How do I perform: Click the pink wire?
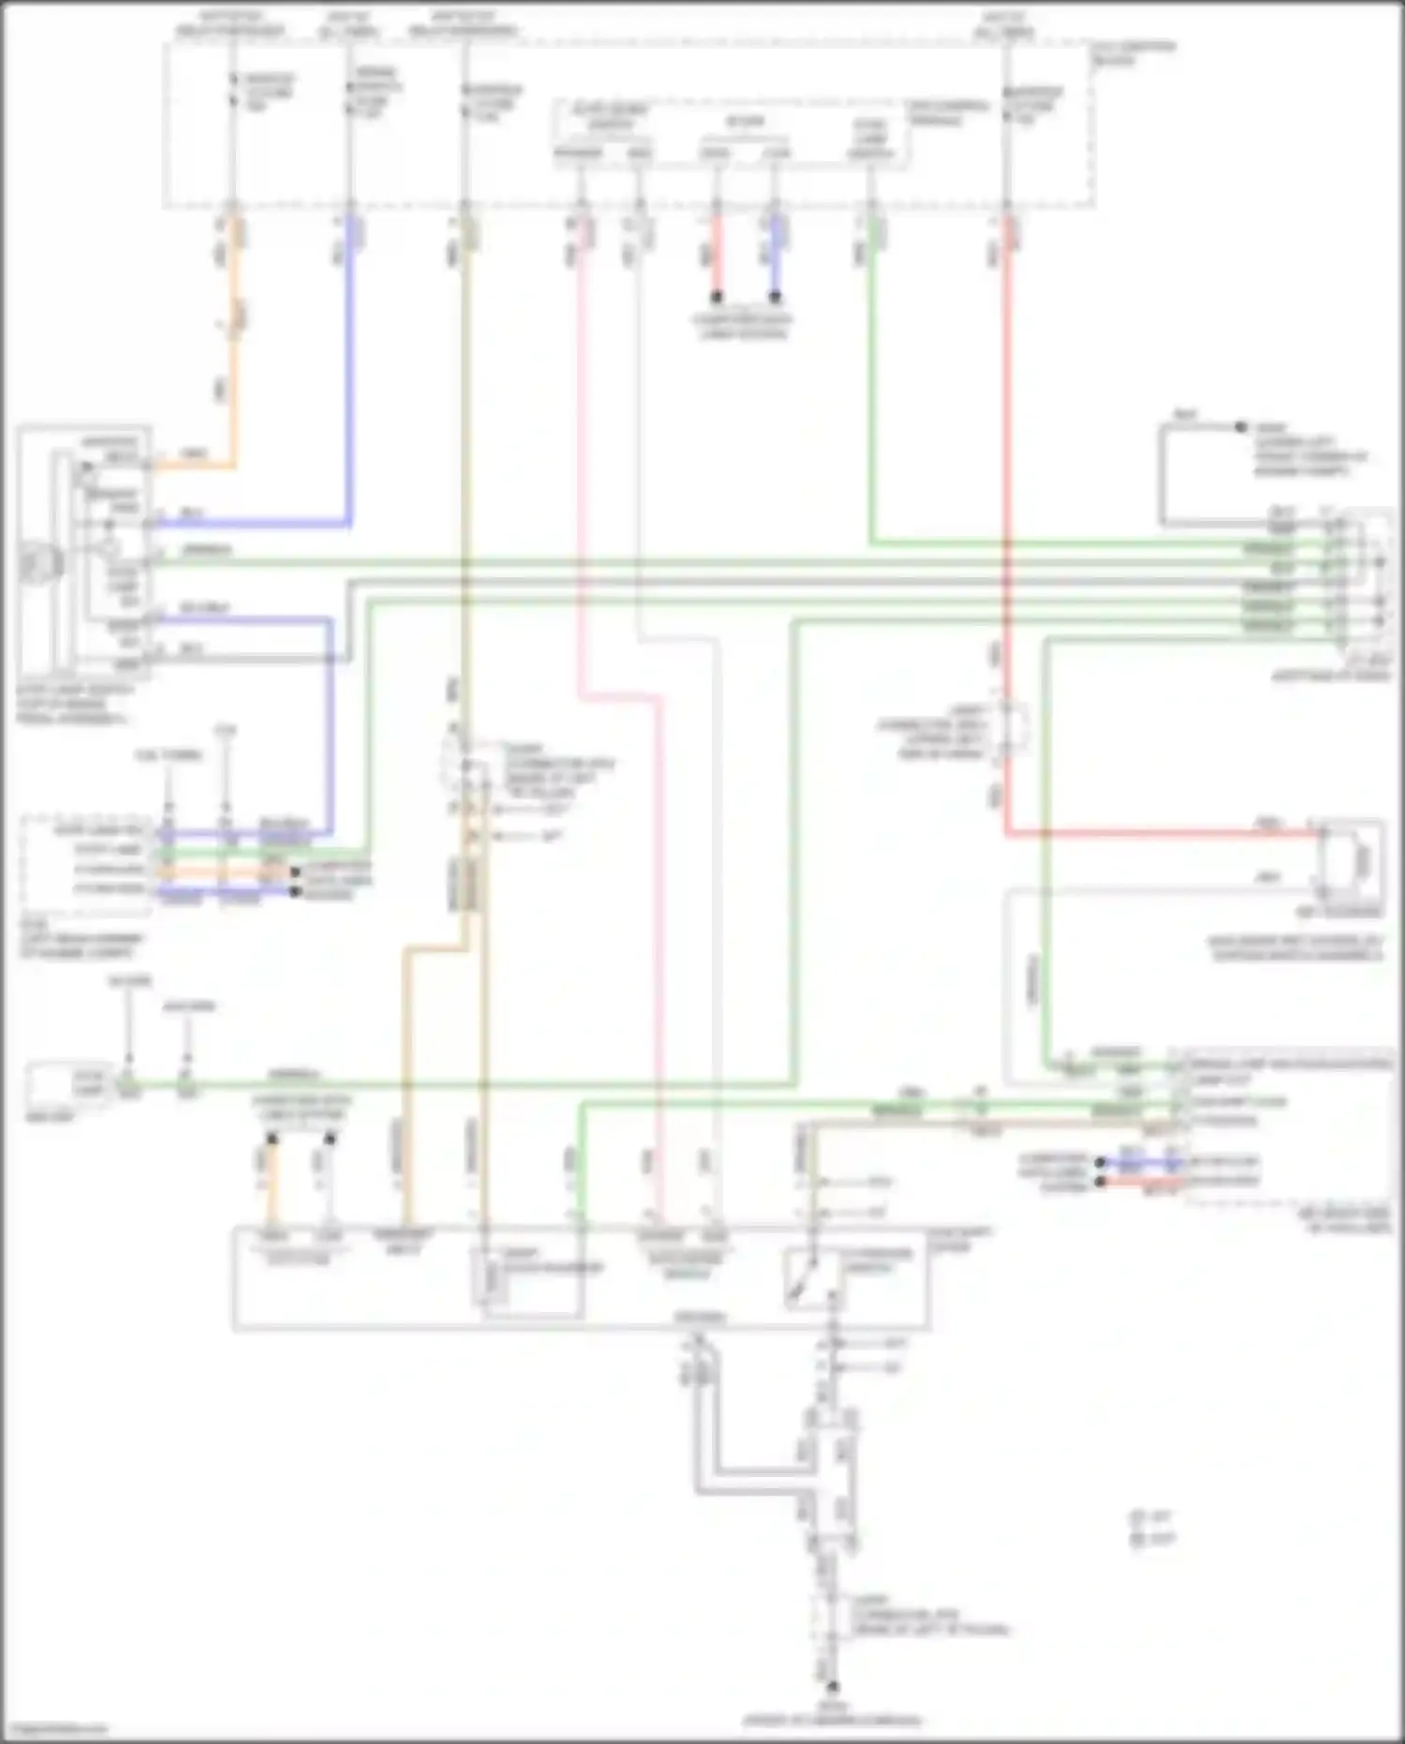581,469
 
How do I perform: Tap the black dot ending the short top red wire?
717,297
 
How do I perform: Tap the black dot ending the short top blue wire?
776,297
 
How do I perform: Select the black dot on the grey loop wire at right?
1241,427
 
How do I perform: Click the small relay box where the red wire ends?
1349,857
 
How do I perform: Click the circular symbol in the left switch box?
39,563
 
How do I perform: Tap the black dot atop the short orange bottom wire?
272,1140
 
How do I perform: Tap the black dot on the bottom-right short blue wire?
1102,1163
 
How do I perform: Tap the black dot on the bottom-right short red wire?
1102,1183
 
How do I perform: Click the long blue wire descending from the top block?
349,375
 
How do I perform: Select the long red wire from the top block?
1006,469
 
